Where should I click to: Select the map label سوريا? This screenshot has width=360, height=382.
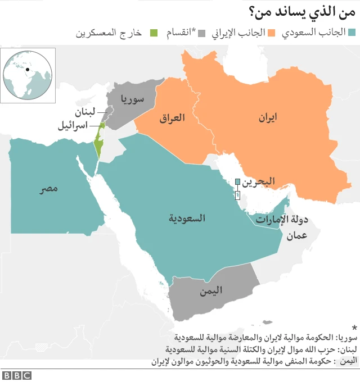coord(132,99)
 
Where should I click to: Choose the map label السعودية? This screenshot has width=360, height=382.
coord(187,217)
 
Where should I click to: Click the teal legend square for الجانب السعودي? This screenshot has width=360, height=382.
coord(352,32)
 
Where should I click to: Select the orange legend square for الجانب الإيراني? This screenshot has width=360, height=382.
coord(272,32)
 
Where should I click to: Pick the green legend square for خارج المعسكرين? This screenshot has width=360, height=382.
coord(153,32)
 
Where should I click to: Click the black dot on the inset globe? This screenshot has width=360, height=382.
coord(27,70)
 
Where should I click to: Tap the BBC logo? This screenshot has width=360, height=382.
coord(16,375)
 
